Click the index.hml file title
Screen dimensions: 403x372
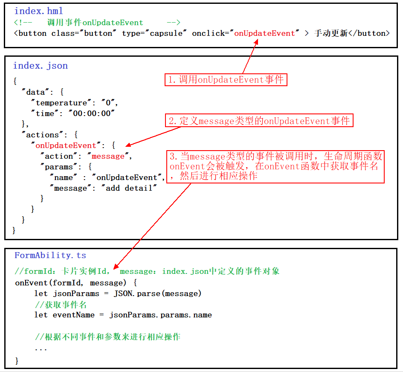click(x=39, y=11)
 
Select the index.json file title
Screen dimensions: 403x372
click(x=41, y=65)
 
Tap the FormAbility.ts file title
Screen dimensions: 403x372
click(x=50, y=255)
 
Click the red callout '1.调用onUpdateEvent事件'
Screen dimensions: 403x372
click(x=226, y=79)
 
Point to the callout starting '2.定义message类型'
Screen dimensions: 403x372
click(x=259, y=121)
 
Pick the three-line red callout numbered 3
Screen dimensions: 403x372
click(x=275, y=166)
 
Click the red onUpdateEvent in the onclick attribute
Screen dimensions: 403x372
click(x=264, y=33)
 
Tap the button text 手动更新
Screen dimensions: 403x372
click(x=331, y=33)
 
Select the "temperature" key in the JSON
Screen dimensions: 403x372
click(x=61, y=103)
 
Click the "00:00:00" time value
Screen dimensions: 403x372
click(x=94, y=113)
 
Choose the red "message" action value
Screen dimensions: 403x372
click(x=108, y=156)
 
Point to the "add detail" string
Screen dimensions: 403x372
click(x=129, y=188)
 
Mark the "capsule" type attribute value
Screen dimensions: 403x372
click(x=168, y=33)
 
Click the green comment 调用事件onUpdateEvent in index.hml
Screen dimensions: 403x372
click(x=95, y=22)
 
